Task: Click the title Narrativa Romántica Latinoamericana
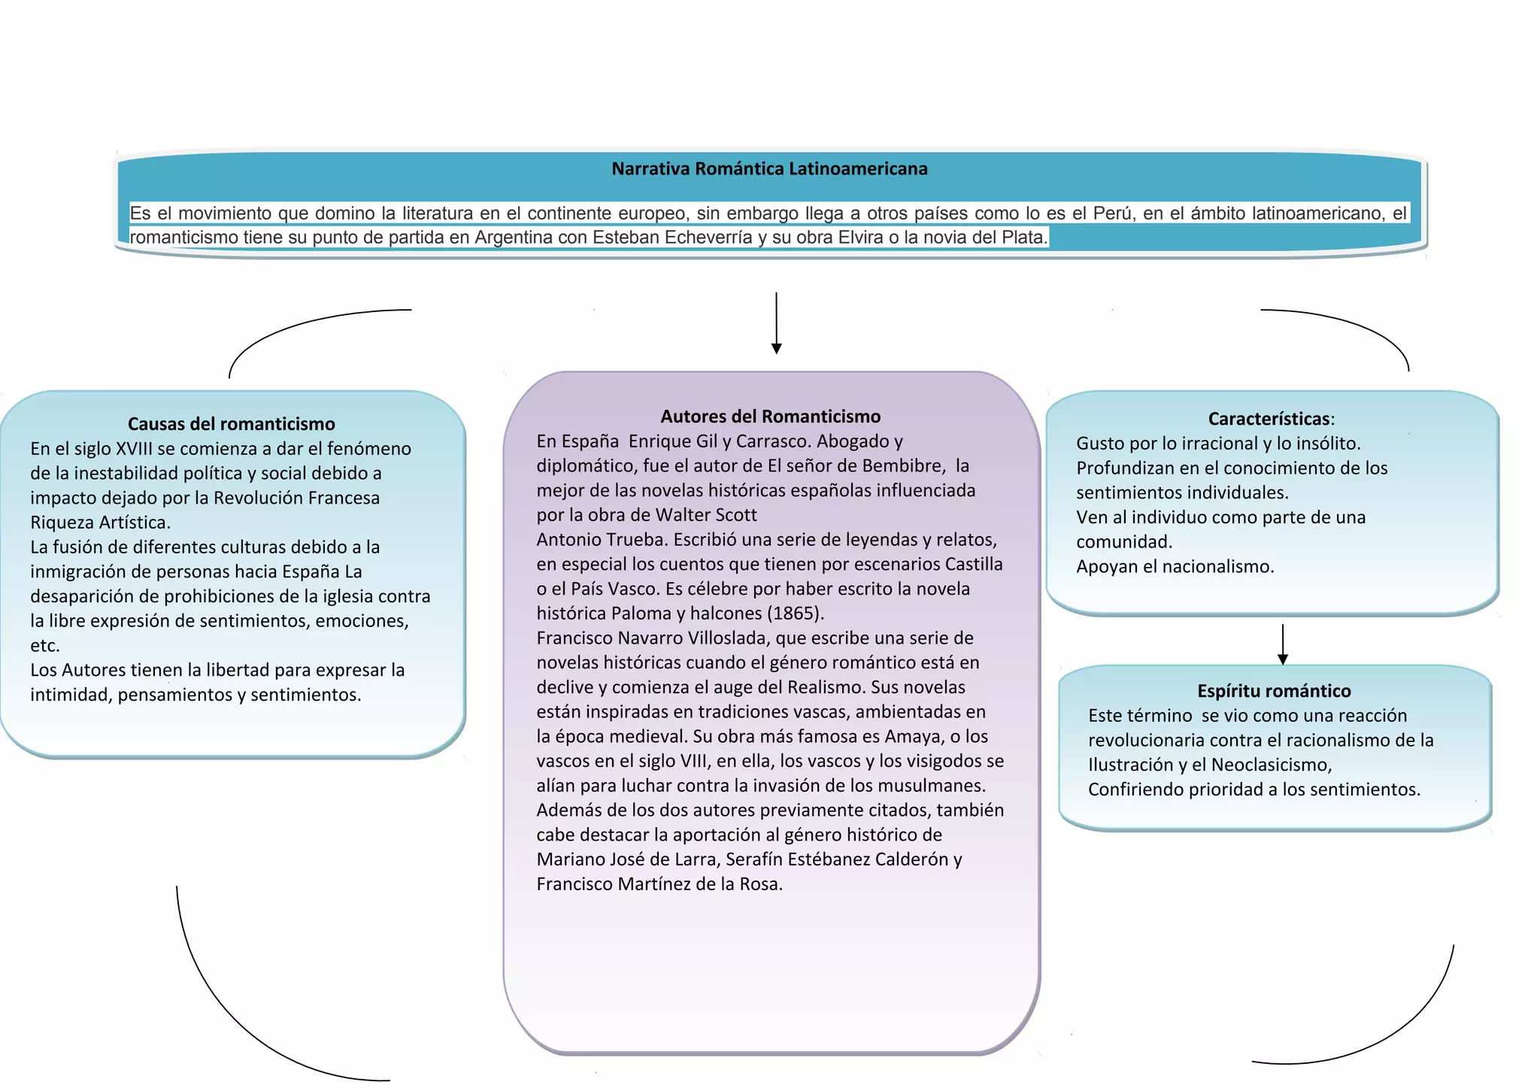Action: [769, 169]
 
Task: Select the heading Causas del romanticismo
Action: [231, 424]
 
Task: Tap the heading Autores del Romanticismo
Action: [770, 417]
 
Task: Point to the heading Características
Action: [1269, 419]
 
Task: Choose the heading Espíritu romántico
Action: [1274, 691]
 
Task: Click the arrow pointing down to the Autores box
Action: [776, 323]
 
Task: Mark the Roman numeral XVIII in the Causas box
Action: [134, 449]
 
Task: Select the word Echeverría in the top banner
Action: [710, 238]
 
